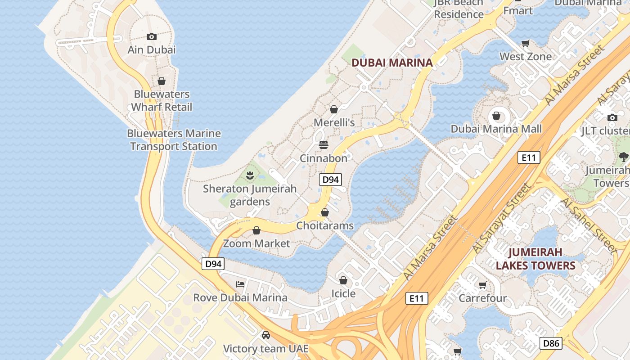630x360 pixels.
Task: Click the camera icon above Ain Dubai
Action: (x=152, y=36)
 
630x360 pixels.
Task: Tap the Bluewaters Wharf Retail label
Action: (x=161, y=101)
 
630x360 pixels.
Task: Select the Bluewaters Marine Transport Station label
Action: (x=174, y=140)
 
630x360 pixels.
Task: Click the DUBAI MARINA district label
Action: (x=392, y=63)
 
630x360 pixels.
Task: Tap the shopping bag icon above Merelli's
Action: (x=334, y=109)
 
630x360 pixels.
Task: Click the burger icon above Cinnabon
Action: (x=324, y=145)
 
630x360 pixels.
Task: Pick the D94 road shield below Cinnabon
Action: (x=330, y=180)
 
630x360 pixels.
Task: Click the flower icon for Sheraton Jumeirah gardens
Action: (x=250, y=175)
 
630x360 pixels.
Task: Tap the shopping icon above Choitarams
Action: (x=325, y=212)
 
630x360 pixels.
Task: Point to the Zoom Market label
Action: (x=256, y=243)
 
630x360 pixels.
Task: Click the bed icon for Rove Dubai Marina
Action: (x=240, y=284)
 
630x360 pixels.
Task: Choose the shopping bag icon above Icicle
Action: (x=343, y=280)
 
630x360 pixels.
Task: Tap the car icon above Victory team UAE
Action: (x=266, y=335)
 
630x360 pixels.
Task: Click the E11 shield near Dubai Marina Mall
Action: (x=529, y=157)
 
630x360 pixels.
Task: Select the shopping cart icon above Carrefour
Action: (x=483, y=285)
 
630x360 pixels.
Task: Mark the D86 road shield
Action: (x=551, y=344)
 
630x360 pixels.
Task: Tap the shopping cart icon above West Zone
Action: (x=525, y=44)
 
